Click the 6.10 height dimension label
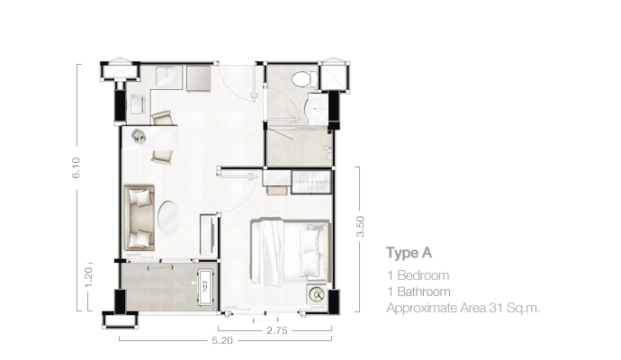click(76, 168)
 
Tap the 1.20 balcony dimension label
click(88, 277)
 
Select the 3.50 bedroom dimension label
click(360, 227)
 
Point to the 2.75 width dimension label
click(277, 330)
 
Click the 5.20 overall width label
click(222, 340)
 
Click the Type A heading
click(409, 253)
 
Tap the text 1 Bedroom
click(418, 275)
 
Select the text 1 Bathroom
click(419, 292)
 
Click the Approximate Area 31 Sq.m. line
click(463, 308)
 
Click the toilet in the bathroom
click(304, 78)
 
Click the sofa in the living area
click(139, 218)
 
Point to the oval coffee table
click(168, 218)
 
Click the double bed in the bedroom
click(291, 251)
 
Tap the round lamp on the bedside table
click(317, 294)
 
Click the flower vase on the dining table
click(139, 136)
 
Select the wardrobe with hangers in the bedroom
click(311, 182)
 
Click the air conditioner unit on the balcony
click(206, 286)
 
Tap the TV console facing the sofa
click(209, 235)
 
